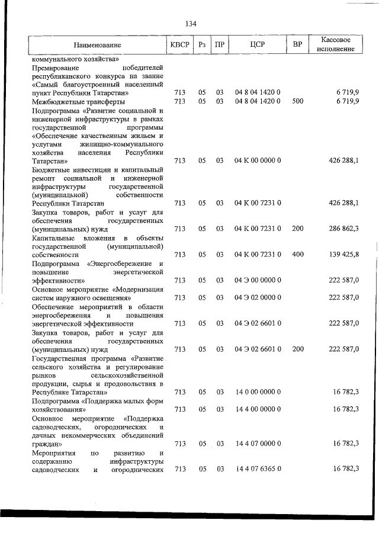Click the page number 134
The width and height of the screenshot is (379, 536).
pos(190,24)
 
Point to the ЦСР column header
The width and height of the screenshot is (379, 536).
pos(257,44)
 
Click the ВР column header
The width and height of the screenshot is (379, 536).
pos(297,44)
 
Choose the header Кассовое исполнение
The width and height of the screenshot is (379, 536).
pos(339,44)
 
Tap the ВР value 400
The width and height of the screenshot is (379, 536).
pos(297,254)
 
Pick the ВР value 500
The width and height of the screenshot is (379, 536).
pos(297,101)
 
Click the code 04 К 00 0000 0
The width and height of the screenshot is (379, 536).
pos(257,160)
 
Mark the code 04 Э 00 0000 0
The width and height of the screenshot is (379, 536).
pos(257,280)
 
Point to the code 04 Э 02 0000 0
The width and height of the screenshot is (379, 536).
pos(257,297)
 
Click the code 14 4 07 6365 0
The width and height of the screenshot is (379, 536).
pos(257,468)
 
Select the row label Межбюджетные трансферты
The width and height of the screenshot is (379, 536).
pos(78,101)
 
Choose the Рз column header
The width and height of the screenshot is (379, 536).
pos(203,44)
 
